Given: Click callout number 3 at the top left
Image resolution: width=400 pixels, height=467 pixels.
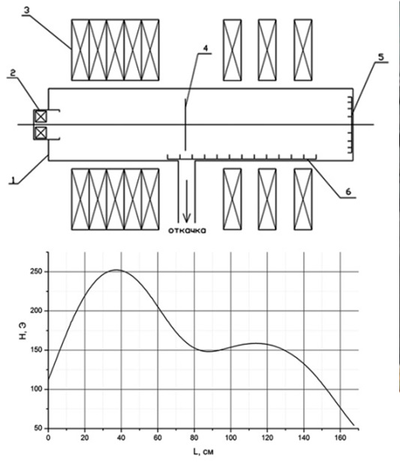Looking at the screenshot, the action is (26, 10).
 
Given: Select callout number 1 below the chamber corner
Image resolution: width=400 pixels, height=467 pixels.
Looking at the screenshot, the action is (13, 179).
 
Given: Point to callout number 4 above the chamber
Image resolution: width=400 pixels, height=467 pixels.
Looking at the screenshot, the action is (205, 49).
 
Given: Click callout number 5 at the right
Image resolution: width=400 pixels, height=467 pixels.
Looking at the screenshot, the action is (381, 58).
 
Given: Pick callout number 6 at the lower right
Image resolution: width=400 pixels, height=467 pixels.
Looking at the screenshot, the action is (348, 191).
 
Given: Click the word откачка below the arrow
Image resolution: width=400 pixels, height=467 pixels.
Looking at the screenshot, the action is (187, 230).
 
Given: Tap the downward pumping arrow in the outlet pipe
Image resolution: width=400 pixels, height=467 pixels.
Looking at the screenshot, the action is (187, 201).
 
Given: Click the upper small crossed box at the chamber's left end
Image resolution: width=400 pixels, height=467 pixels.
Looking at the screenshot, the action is (41, 116).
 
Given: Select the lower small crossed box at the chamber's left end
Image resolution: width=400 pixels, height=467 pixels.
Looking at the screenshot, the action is (41, 133).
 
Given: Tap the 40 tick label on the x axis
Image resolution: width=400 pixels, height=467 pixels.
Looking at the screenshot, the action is (121, 438).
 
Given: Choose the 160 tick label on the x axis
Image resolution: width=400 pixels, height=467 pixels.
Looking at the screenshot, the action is (340, 438).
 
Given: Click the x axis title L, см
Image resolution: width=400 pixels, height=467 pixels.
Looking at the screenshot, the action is (203, 452).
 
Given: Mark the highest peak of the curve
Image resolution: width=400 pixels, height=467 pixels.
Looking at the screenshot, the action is (116, 270).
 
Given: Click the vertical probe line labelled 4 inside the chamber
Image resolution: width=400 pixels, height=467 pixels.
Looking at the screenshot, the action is (185, 125).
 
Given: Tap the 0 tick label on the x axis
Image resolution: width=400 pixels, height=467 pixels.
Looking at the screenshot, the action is (48, 438).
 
